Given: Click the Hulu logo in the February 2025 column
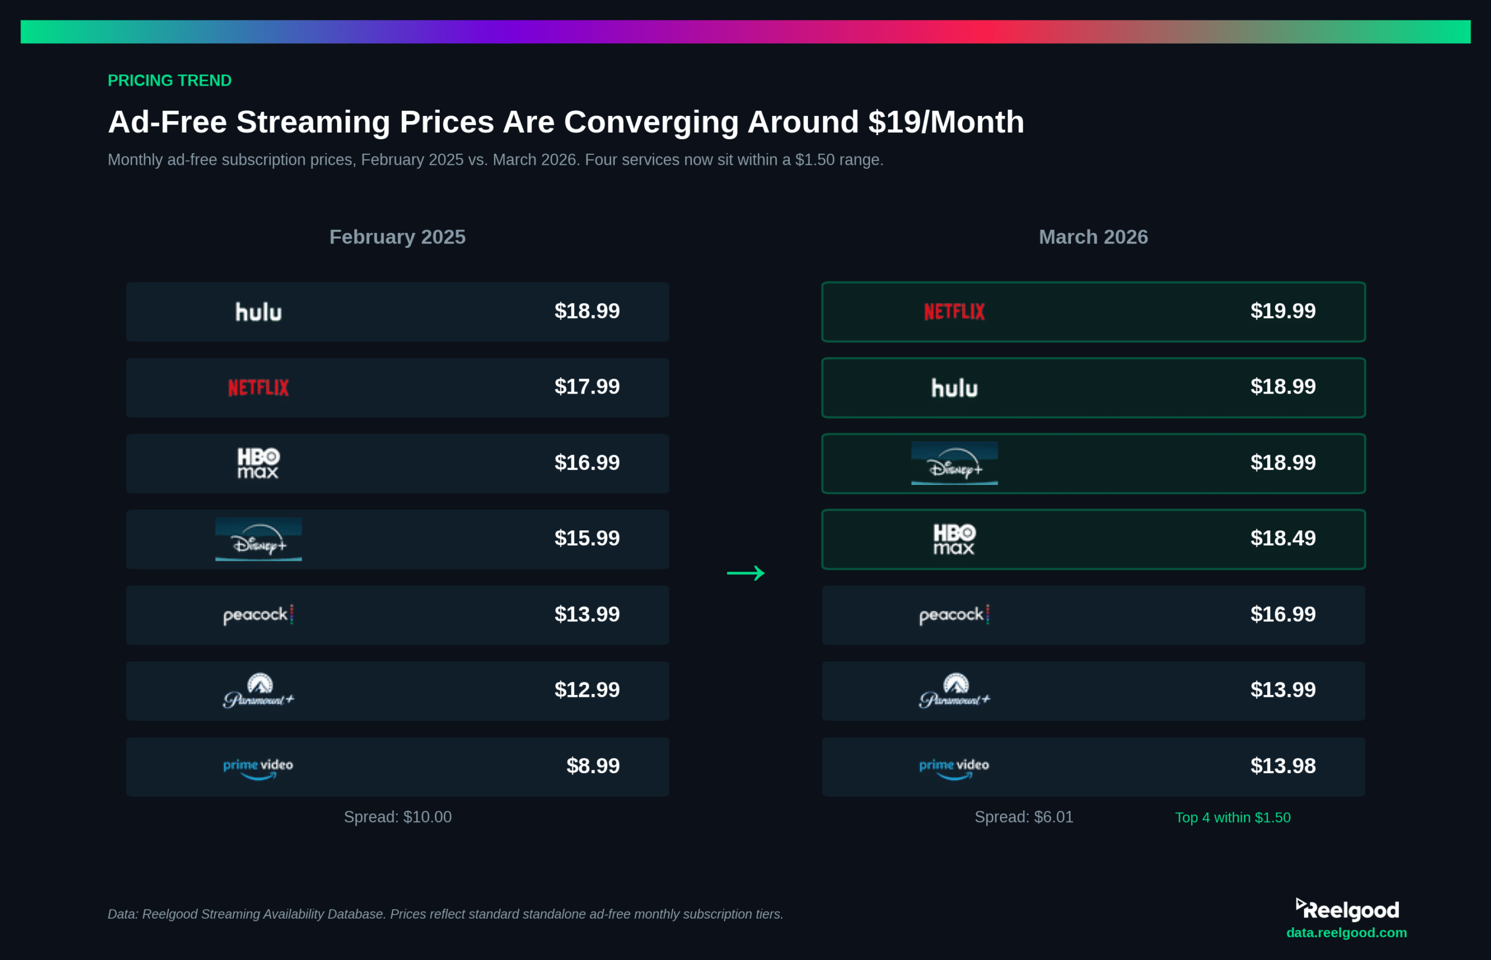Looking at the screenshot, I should point(258,311).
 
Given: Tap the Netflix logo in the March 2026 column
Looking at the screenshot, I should point(954,311).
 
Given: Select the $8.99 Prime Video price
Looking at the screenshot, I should point(592,766).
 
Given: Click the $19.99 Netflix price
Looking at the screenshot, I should point(1282,311).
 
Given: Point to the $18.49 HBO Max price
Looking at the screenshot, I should point(1282,538).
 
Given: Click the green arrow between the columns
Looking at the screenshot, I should point(746,573).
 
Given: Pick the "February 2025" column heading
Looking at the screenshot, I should point(397,237).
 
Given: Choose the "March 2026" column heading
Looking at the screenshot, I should point(1093,237).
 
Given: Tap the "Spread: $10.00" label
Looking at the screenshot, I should point(398,817).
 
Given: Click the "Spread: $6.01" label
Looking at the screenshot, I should point(1024,817).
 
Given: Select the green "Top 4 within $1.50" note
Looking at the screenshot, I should point(1232,817).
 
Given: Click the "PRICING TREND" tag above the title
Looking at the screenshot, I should point(169,80).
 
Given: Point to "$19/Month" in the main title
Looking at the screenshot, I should point(946,122).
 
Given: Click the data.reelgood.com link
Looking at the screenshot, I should point(1347,933).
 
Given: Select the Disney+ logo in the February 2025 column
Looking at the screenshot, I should point(258,539).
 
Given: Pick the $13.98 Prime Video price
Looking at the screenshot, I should point(1282,766).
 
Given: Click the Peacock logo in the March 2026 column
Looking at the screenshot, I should point(954,615).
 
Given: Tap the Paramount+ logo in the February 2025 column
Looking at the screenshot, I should point(258,690).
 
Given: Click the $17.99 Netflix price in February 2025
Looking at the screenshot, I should point(587,387).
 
